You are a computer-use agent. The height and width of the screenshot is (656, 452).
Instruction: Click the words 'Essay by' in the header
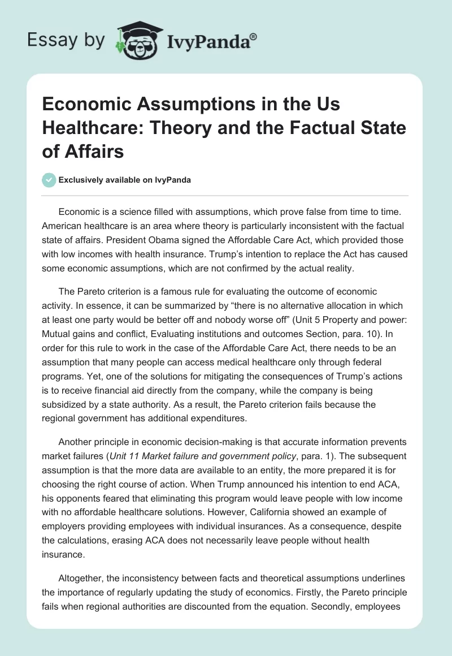point(66,40)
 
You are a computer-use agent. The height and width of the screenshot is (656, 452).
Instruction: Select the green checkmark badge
point(49,180)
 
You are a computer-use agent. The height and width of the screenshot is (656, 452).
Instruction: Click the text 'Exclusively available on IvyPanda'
point(124,180)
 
